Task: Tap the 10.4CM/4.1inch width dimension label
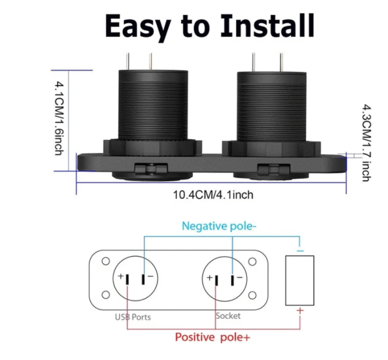coord(211,195)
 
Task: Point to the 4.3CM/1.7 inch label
coord(366,142)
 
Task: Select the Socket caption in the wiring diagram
coord(227,315)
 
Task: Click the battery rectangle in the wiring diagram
coord(299,280)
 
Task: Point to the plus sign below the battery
coord(299,312)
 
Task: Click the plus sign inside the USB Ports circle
coord(121,278)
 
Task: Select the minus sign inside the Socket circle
coord(239,278)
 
